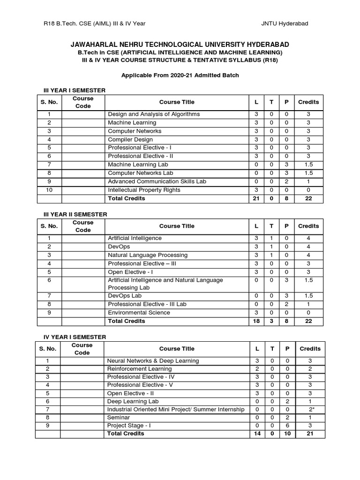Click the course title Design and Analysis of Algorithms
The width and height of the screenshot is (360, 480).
pos(154,114)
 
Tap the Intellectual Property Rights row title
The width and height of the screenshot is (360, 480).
pos(144,190)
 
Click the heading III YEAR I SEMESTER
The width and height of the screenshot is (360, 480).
pos(72,90)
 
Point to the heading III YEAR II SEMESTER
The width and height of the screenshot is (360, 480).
pos(73,214)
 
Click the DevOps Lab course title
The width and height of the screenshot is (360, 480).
pos(125,296)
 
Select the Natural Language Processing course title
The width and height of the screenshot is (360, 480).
pos(148,255)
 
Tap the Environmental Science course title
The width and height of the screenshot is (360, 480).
pos(139,313)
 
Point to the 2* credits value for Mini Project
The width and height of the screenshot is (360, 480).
pos(310,410)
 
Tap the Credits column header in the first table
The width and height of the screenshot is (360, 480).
pos(308,102)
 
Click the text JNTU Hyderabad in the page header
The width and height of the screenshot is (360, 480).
pos(285,23)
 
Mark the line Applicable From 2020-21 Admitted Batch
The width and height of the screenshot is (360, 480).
pos(180,75)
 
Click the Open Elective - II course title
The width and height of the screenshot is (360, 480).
pos(130,393)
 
